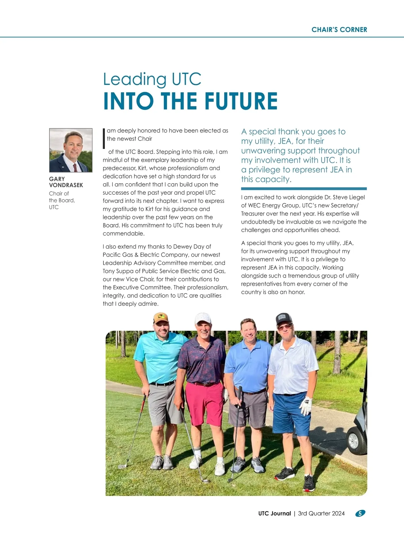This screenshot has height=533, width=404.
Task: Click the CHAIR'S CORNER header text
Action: pos(339,30)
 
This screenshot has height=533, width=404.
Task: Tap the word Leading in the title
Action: pos(134,80)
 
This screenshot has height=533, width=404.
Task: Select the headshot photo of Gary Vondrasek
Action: pos(71,150)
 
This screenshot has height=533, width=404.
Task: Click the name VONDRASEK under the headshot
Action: pos(66,185)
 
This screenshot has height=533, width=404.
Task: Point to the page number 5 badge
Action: pos(360,513)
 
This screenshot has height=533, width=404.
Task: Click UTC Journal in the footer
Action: pos(274,513)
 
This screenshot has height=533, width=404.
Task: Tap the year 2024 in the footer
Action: pos(338,513)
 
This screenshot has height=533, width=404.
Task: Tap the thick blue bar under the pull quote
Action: pos(304,189)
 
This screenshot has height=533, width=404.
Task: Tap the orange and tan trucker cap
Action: pos(161,318)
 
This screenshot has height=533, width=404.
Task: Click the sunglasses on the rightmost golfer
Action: pos(285,327)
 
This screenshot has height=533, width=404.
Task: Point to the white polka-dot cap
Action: pos(203,318)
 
